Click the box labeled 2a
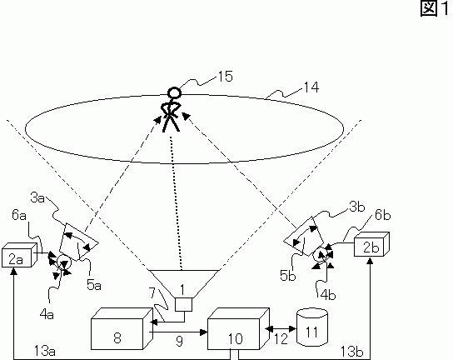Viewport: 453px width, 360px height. click(19, 255)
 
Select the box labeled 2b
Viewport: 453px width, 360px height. click(372, 244)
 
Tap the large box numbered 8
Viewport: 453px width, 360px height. click(122, 329)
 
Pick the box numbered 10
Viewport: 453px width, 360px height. click(239, 329)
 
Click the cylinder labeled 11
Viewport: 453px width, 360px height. click(312, 327)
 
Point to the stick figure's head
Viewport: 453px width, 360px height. click(175, 92)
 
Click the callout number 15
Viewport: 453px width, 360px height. click(225, 77)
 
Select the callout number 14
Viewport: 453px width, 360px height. click(311, 87)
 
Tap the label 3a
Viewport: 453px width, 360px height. click(37, 198)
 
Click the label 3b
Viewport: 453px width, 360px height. click(357, 207)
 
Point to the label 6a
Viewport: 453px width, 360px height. click(19, 216)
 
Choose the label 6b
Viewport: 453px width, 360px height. click(383, 216)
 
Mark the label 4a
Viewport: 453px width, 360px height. click(47, 314)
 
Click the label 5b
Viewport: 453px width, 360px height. click(288, 276)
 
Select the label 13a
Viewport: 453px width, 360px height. click(45, 351)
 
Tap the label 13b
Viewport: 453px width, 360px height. click(351, 352)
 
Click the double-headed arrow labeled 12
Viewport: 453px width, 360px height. click(281, 329)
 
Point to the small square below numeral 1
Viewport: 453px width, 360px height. click(184, 304)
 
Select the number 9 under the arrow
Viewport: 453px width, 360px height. click(179, 341)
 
